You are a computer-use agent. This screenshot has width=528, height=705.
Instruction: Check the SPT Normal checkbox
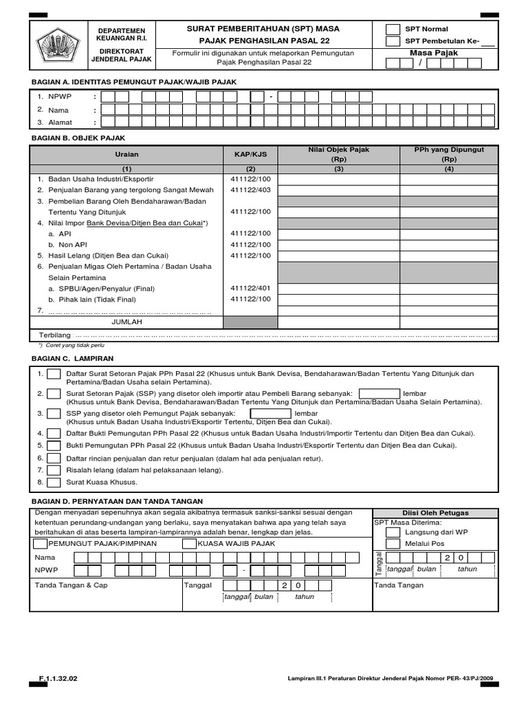click(393, 29)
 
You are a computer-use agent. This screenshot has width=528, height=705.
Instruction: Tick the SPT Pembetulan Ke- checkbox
click(393, 41)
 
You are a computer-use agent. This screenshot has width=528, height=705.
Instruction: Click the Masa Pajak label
click(433, 52)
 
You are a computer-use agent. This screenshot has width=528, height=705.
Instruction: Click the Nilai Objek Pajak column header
click(339, 154)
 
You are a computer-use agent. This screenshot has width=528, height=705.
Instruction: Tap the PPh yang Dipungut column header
click(449, 154)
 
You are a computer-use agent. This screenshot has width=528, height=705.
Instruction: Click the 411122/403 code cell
click(250, 190)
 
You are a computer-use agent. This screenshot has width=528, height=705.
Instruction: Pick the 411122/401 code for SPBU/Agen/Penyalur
click(250, 288)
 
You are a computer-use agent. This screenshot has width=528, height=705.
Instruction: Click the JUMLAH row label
click(126, 322)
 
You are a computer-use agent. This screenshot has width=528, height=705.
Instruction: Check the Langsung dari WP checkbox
click(393, 532)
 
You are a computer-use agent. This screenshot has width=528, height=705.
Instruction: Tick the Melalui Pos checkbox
click(393, 544)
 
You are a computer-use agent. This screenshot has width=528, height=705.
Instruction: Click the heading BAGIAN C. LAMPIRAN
click(73, 359)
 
